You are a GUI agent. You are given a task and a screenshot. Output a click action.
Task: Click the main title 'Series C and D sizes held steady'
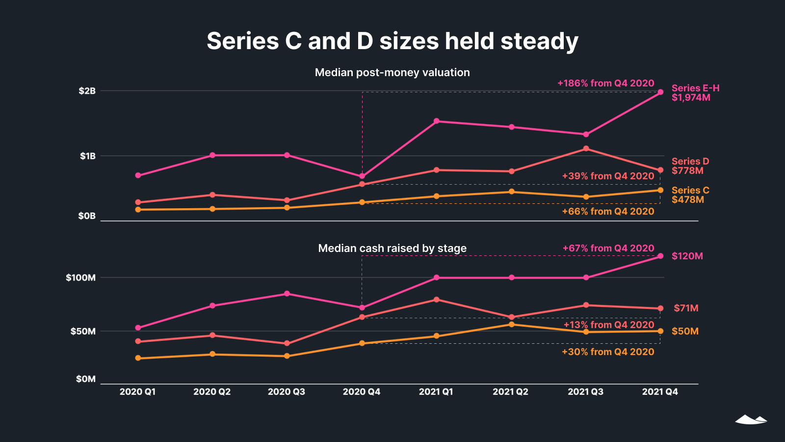point(392,41)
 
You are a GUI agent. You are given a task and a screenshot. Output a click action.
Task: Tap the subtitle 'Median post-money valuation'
point(392,73)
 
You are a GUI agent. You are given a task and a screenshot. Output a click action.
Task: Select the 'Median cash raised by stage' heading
point(392,249)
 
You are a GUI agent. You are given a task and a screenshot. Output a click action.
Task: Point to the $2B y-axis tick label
point(87,91)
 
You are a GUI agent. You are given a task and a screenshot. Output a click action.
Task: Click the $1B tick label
point(88,156)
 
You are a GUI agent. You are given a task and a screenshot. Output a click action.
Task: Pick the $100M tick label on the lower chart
point(80,277)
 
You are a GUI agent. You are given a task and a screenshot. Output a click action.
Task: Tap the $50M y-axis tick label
point(83,331)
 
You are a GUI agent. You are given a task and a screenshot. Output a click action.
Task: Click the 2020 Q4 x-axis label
point(361,392)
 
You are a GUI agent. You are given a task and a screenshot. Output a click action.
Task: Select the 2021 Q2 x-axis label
point(510,392)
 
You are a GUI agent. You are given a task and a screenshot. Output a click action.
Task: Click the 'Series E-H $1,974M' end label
point(695,93)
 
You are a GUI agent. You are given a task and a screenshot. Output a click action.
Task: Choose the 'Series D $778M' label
point(690,166)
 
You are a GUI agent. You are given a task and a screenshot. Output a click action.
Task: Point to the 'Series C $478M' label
point(690,195)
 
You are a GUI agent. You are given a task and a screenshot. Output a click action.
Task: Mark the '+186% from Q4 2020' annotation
point(605,83)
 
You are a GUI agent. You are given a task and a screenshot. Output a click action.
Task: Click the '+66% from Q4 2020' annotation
point(608,212)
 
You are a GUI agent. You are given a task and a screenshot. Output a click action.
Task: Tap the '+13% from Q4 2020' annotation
point(608,325)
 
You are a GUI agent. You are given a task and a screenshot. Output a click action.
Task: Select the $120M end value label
point(687,256)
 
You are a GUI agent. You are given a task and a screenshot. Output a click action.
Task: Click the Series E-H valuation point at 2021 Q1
point(437,121)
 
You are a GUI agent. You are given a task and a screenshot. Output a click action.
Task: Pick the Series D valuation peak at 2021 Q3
point(586,149)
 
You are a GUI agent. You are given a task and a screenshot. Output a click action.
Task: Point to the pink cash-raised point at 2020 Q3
point(287,294)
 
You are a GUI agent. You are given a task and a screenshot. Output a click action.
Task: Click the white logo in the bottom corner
point(751,419)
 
